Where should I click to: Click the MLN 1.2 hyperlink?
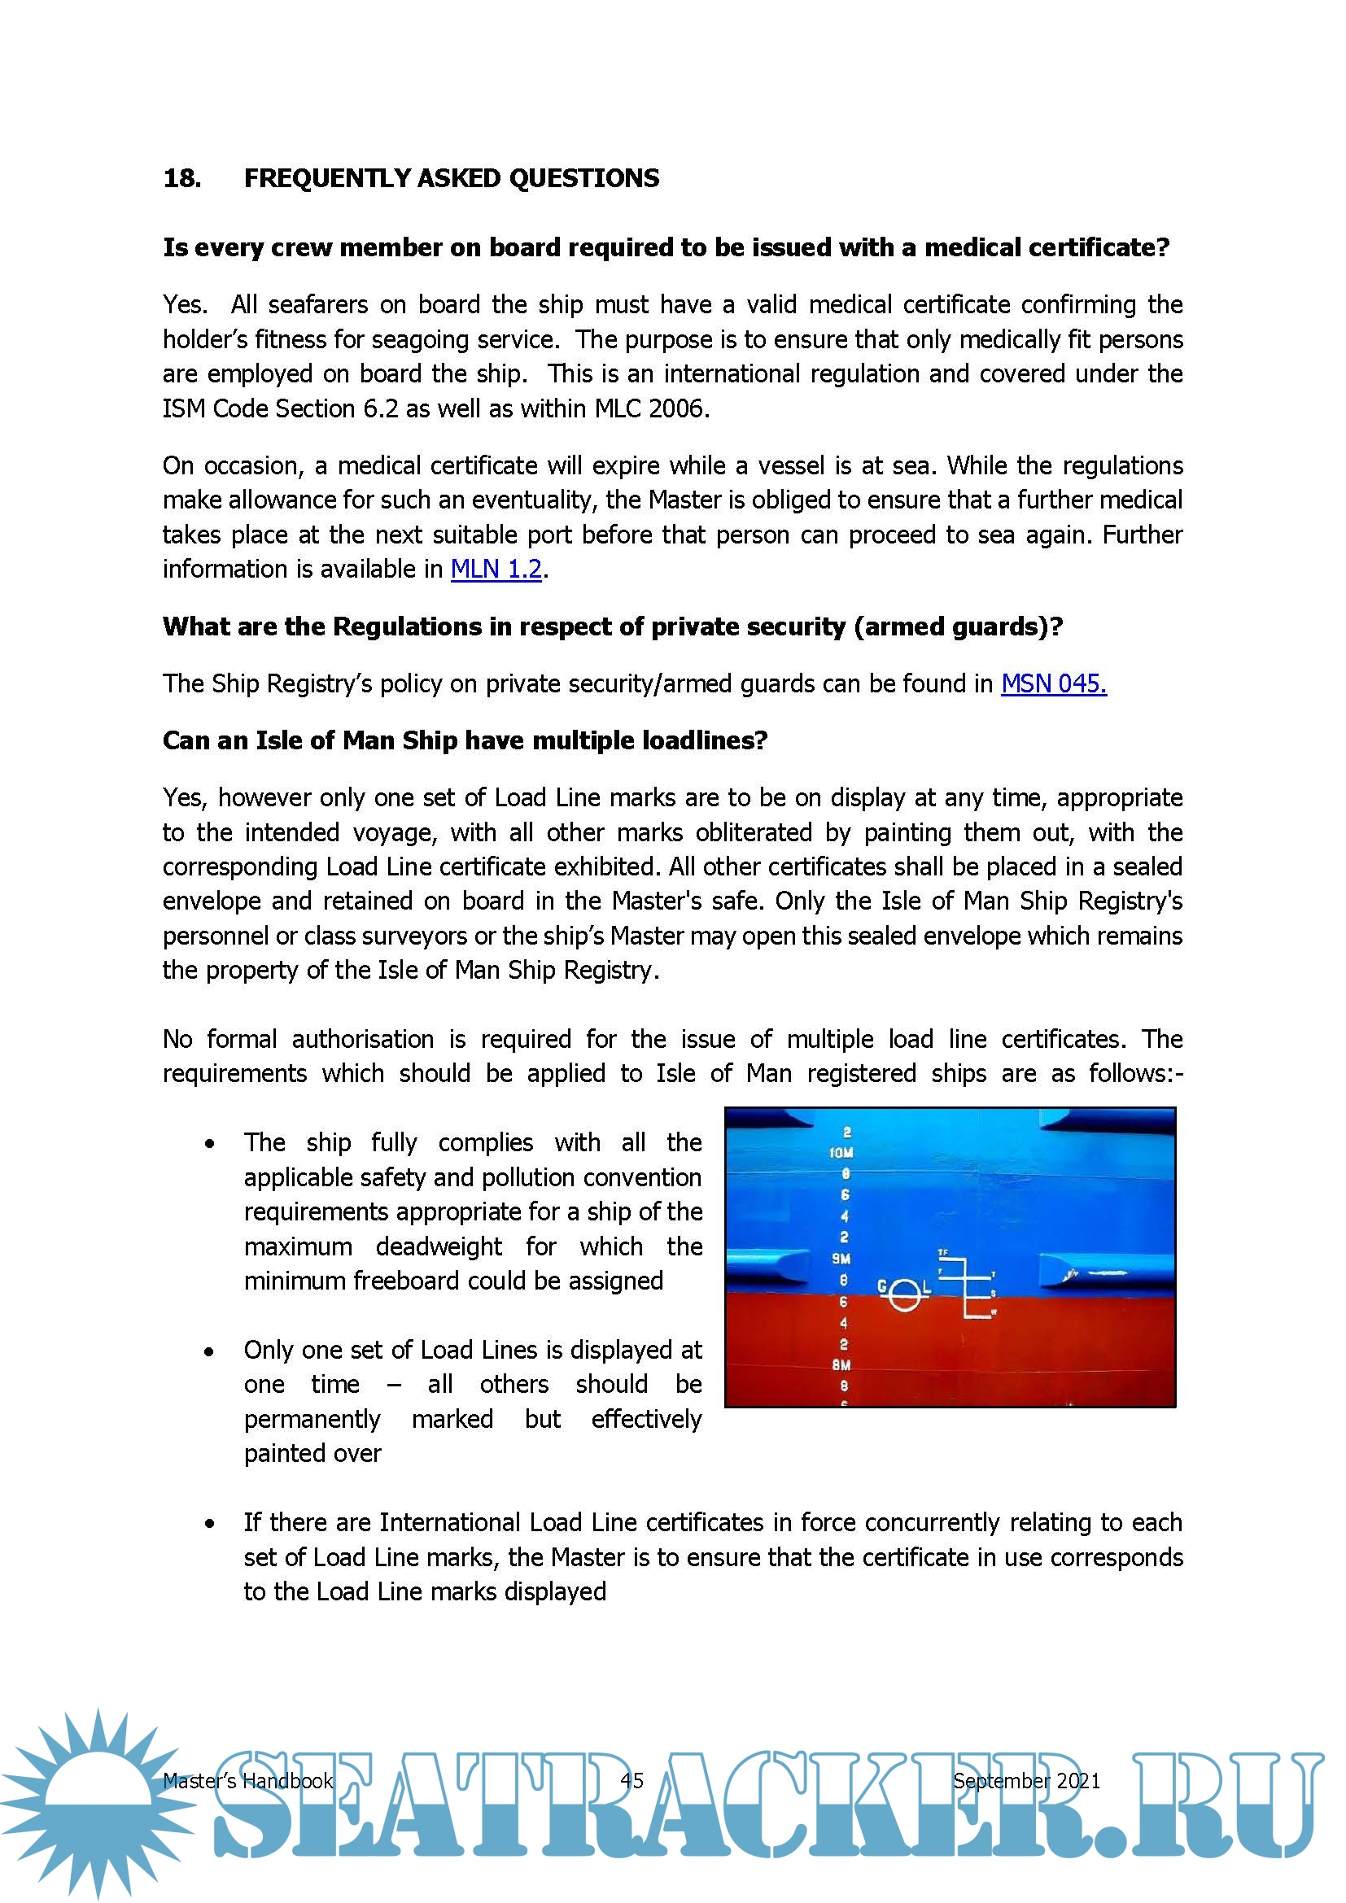tap(496, 570)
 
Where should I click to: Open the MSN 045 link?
tap(1052, 683)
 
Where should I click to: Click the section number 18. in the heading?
tap(182, 178)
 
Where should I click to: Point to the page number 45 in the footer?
tap(631, 1780)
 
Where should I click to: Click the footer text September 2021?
tap(1026, 1780)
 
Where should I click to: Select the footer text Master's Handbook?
tap(247, 1780)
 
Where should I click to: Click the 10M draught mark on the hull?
tap(841, 1153)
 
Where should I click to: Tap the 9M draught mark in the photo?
tap(841, 1258)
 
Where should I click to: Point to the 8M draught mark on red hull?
tap(841, 1365)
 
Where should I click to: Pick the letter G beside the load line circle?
tap(883, 1286)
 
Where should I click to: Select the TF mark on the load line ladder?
tap(942, 1252)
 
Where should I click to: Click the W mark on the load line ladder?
tap(994, 1313)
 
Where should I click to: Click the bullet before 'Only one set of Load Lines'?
tap(210, 1352)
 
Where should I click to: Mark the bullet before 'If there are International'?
tap(210, 1524)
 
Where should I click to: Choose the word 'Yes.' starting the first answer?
tap(185, 305)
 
